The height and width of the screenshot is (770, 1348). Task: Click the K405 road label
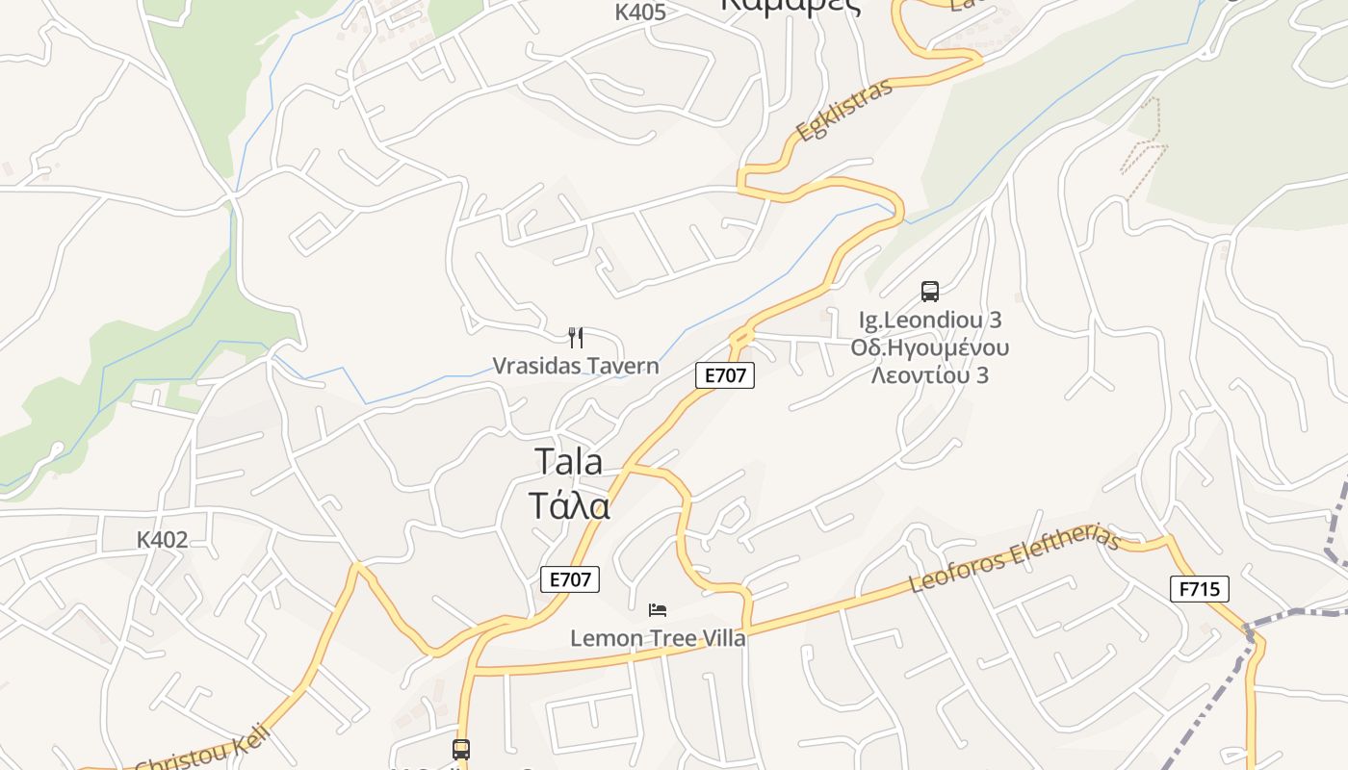640,12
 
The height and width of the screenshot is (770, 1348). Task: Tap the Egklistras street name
844,111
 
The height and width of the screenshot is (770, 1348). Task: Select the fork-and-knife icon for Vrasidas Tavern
576,338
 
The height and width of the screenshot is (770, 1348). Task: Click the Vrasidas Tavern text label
576,366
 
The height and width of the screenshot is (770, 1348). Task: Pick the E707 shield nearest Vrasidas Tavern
725,375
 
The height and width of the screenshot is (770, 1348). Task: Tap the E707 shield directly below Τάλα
570,579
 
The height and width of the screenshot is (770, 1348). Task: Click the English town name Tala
568,462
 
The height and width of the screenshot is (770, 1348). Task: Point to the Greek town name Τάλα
569,505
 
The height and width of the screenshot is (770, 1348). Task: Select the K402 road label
162,540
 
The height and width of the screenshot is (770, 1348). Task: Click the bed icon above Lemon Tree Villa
658,610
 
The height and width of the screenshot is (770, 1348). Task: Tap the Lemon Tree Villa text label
658,637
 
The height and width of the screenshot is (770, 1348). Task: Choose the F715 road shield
1200,588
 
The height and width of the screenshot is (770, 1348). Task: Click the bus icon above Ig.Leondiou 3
929,291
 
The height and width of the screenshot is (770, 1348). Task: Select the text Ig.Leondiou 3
930,319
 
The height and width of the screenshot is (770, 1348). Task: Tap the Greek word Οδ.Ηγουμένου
930,347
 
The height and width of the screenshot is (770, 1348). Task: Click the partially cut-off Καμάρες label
790,5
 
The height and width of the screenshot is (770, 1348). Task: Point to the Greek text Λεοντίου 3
930,375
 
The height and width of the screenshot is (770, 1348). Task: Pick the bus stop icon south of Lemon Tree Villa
461,749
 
